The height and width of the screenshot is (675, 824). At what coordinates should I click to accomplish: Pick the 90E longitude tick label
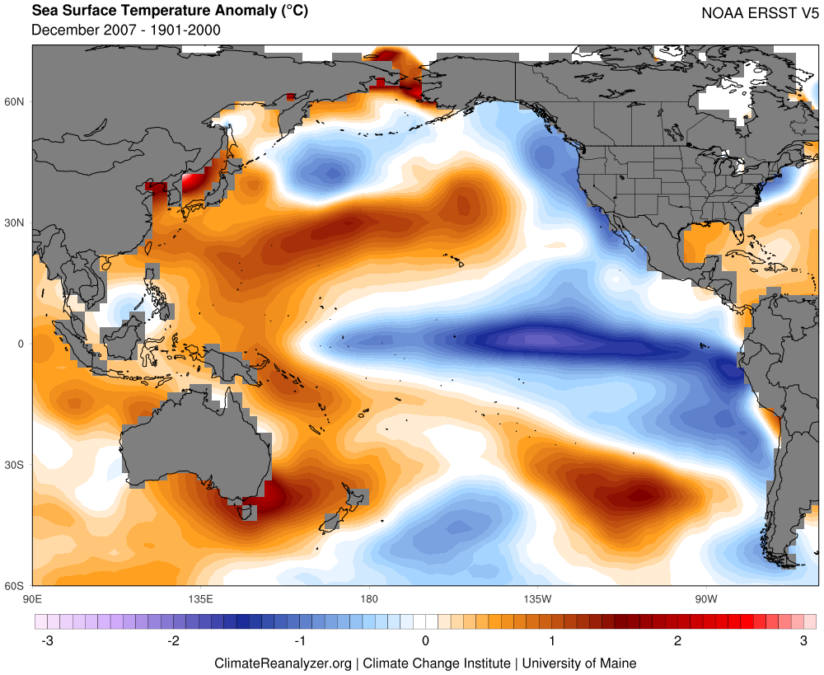[x=32, y=598]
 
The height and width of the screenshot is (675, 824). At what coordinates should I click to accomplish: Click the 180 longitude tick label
[x=369, y=598]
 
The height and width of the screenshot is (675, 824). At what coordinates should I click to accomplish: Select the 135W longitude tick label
[x=537, y=598]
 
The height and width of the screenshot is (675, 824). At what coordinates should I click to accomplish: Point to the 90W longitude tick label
[x=705, y=598]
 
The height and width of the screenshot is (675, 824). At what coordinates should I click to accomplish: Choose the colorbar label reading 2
[x=677, y=640]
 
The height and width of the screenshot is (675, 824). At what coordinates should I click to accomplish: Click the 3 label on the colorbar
[x=803, y=640]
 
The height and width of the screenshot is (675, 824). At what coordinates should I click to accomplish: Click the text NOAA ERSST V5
[x=760, y=13]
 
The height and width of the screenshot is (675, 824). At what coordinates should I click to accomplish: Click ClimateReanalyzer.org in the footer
[x=283, y=663]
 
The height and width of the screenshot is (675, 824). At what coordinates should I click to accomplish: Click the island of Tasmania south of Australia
[x=245, y=513]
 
